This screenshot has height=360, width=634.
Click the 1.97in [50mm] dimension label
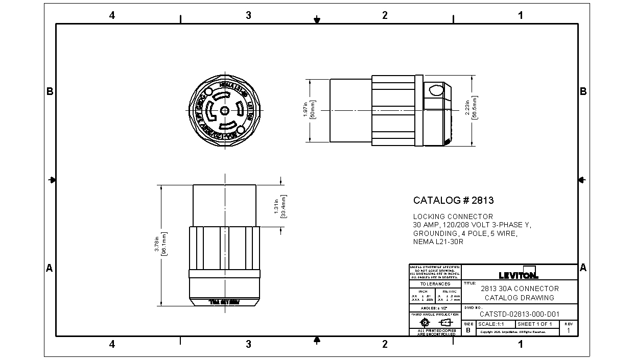(x=309, y=110)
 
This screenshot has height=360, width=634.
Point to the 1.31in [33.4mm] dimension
(x=280, y=206)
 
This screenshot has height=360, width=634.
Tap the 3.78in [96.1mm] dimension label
(x=161, y=245)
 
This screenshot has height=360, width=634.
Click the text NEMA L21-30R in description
(x=438, y=242)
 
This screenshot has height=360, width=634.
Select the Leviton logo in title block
(x=519, y=274)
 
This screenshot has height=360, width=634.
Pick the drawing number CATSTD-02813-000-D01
(x=520, y=315)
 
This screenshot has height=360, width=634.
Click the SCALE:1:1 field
(x=491, y=324)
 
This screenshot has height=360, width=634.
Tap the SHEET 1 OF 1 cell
(x=535, y=324)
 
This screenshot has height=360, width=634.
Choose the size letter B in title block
(x=468, y=330)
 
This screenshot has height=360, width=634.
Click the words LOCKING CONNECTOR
(x=453, y=217)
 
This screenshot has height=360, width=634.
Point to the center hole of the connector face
(x=224, y=110)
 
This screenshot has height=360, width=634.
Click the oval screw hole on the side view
(x=436, y=91)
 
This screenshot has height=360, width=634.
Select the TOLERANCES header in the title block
(x=435, y=284)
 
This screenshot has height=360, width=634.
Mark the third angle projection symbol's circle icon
(x=424, y=323)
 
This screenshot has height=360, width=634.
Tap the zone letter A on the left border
(x=50, y=268)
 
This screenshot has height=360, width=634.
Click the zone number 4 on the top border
(x=112, y=15)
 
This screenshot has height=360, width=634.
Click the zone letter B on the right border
(x=583, y=91)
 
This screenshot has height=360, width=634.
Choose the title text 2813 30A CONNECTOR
(x=520, y=289)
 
